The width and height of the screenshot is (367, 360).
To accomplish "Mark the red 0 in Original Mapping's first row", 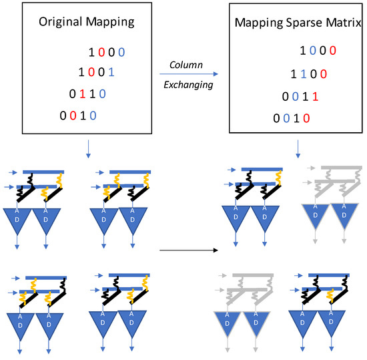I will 100,52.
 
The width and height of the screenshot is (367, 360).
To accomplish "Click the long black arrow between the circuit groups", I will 190,251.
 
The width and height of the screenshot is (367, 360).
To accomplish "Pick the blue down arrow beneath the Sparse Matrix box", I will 296,147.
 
